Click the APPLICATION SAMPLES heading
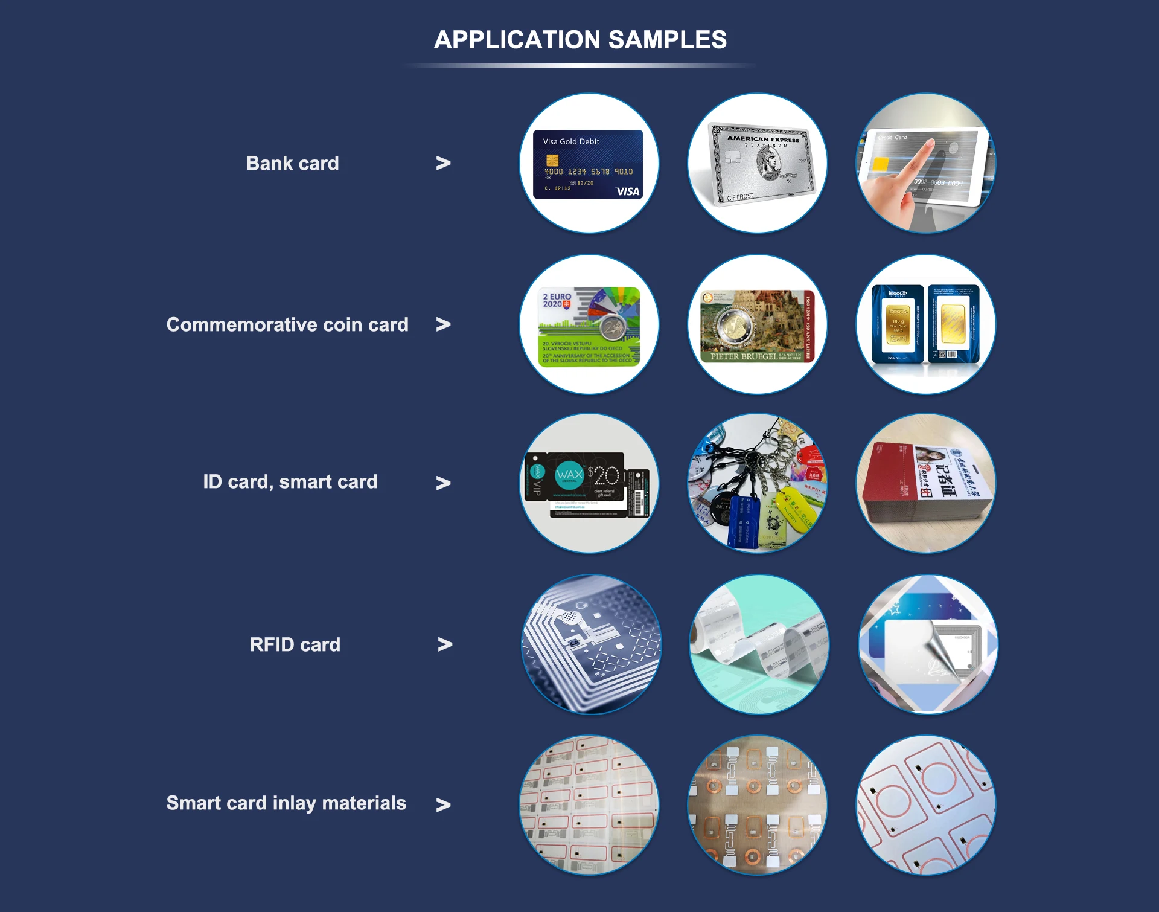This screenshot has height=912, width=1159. (580, 40)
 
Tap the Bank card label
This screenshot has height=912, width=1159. (292, 163)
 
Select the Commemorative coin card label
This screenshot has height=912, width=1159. (287, 324)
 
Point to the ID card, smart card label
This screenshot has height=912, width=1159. (290, 481)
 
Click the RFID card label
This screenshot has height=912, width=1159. (295, 644)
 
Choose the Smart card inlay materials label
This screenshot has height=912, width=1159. (286, 803)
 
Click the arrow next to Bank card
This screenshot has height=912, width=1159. (443, 163)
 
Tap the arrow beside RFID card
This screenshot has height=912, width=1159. (445, 644)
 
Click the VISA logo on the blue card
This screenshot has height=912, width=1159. (627, 191)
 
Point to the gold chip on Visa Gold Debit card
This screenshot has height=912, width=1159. (552, 160)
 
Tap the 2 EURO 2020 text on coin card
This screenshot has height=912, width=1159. (556, 300)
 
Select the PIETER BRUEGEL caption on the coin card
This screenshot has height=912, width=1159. (744, 356)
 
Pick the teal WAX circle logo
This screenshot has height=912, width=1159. (569, 475)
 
